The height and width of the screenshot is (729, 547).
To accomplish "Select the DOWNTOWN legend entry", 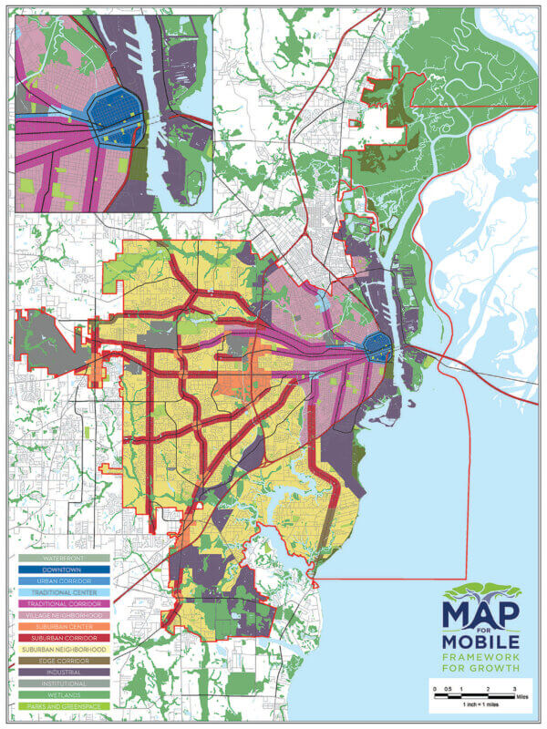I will click(63, 569).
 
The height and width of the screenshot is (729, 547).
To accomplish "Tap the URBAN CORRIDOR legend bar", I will click(63, 580).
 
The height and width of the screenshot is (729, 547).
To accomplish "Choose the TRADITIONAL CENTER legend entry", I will click(63, 592).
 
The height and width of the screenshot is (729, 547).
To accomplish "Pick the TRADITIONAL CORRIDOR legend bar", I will click(63, 604).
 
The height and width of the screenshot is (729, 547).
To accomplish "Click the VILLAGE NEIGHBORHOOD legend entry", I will click(63, 616).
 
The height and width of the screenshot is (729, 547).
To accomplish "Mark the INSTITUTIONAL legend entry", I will click(63, 683).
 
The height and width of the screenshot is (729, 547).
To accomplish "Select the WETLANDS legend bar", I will click(63, 694).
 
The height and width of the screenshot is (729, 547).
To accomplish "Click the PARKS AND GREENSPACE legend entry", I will click(63, 706).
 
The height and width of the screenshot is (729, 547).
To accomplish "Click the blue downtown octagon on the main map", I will click(377, 345).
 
